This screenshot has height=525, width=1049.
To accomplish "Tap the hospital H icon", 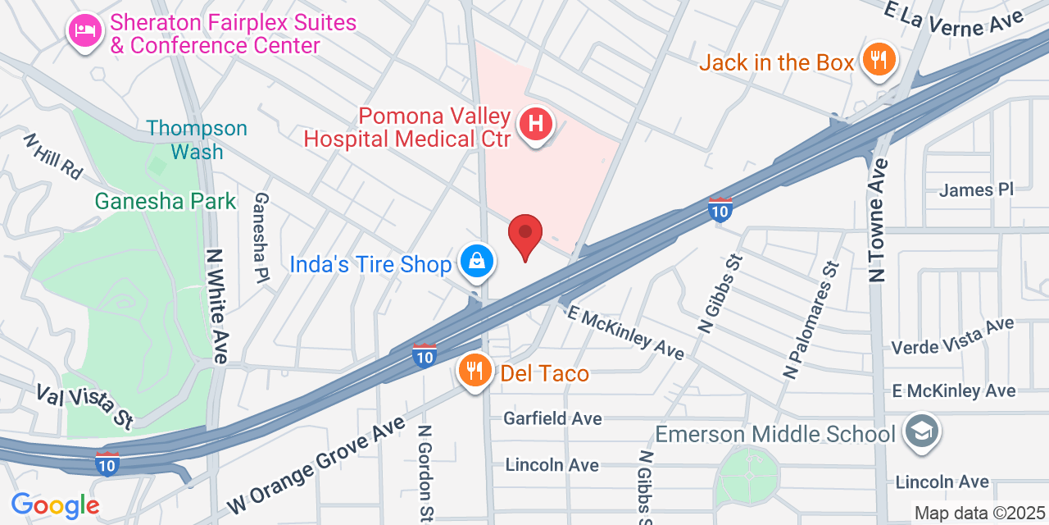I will [x=536, y=126].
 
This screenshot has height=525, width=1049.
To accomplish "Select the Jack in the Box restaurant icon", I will [x=879, y=60].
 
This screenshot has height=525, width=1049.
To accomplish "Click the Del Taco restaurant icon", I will [x=475, y=372].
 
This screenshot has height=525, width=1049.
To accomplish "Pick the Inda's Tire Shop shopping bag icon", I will [x=476, y=262].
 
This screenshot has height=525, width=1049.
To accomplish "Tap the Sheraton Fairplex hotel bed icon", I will [x=84, y=30].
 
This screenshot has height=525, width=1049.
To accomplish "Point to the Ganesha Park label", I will [x=166, y=201].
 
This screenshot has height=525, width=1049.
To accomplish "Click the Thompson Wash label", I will [x=197, y=140].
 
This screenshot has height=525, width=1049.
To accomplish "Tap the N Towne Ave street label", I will [x=879, y=220].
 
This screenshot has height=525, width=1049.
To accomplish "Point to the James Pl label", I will [x=976, y=190].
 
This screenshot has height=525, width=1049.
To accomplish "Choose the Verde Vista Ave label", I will [x=952, y=336].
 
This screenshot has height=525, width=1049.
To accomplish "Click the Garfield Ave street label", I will [x=552, y=418].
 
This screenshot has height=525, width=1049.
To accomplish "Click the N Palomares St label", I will [x=811, y=321].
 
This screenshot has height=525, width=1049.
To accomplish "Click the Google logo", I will [x=55, y=504].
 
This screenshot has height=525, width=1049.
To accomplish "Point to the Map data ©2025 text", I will [x=979, y=514].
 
